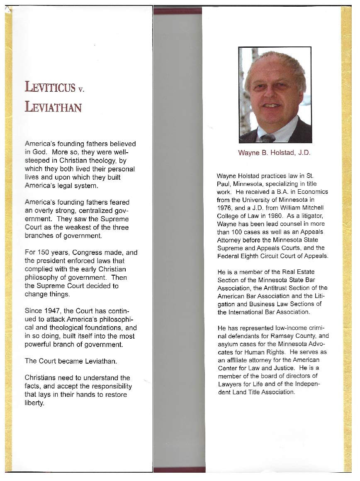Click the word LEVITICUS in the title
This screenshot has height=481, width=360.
[49, 88]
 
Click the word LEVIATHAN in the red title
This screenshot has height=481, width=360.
[53, 107]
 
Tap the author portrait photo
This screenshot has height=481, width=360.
[275, 95]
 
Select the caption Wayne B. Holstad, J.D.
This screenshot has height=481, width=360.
[274, 152]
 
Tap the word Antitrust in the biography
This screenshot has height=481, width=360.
[272, 288]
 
